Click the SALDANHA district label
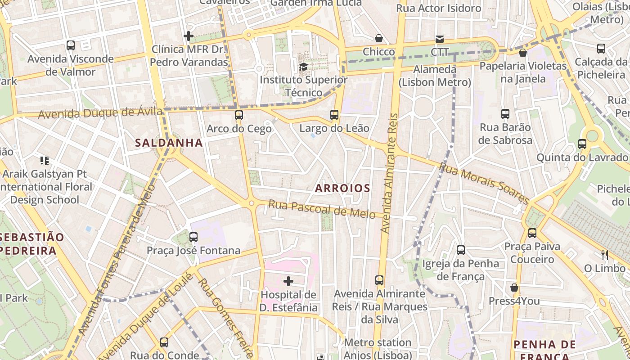(169, 143)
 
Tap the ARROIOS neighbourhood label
(342, 188)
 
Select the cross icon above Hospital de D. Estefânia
(288, 282)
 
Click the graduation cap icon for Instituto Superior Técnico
(304, 67)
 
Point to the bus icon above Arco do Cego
(239, 115)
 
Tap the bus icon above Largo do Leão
(334, 115)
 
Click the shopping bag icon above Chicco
(379, 39)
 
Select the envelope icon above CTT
(439, 39)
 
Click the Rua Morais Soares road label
(484, 183)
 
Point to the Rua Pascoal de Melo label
(322, 209)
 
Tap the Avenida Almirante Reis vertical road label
(390, 173)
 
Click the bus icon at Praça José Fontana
(193, 237)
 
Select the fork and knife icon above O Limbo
(605, 255)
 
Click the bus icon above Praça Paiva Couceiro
(532, 233)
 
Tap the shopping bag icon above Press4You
(514, 288)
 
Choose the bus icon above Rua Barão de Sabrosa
(505, 114)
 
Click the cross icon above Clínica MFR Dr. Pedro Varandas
(189, 36)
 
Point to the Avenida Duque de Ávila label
(100, 112)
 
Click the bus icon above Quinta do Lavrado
(582, 144)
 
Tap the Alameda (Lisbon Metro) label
(435, 76)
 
